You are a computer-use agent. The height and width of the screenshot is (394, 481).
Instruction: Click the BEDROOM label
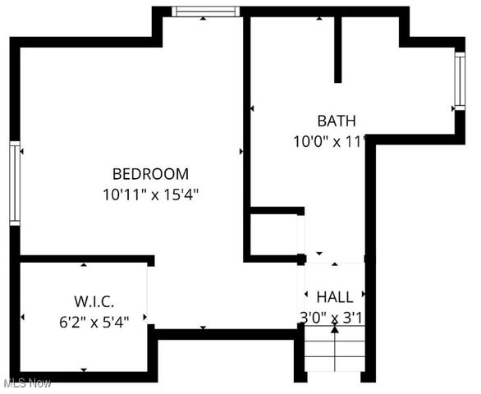(150, 174)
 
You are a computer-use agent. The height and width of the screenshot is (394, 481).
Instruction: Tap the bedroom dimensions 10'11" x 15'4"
(151, 195)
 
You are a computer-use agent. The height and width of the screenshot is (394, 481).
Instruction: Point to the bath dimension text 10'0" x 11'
(328, 141)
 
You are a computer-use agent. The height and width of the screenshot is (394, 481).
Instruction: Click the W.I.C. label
(84, 300)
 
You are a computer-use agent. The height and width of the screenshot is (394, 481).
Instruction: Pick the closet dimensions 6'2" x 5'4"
(84, 321)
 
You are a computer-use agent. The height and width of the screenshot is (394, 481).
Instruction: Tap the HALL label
(335, 297)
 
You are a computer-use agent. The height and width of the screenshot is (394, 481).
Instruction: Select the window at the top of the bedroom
(206, 11)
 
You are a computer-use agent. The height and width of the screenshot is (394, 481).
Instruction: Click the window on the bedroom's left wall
(14, 182)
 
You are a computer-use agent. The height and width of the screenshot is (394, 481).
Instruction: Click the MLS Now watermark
(27, 383)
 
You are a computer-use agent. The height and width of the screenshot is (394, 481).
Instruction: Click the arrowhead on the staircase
(335, 330)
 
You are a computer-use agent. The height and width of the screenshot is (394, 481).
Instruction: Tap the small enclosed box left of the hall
(277, 234)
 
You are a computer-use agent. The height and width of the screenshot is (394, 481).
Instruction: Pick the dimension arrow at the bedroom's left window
(23, 152)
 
